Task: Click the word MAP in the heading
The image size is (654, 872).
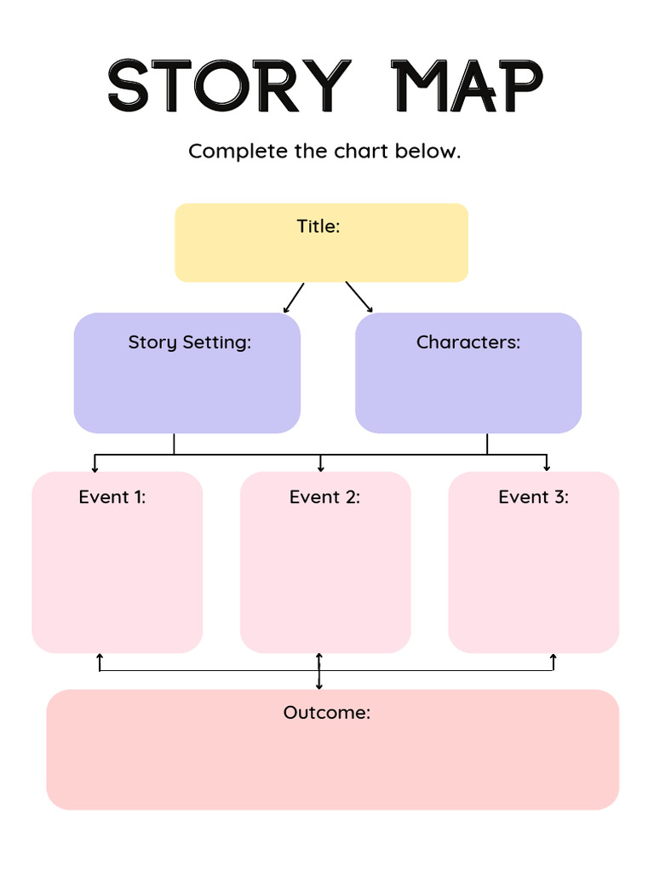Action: coord(467,86)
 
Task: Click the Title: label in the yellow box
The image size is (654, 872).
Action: coord(318,227)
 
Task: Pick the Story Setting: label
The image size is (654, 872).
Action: coord(189,342)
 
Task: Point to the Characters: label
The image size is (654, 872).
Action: coord(468,342)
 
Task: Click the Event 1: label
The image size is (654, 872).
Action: coord(112,497)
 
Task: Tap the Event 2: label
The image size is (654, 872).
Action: coord(324,497)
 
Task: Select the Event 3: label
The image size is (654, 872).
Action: coord(534,497)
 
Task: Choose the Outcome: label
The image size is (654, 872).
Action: coord(327,713)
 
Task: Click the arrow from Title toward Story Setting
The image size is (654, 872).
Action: coord(293,298)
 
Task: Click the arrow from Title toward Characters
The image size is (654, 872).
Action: coord(359,297)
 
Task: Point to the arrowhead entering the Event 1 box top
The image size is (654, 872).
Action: coord(95,468)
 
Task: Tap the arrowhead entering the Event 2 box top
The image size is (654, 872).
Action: coord(320,468)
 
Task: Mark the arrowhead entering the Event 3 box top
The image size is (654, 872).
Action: coord(547,468)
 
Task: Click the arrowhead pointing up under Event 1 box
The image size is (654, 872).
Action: coord(100,657)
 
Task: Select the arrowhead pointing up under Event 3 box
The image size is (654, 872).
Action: coord(554,657)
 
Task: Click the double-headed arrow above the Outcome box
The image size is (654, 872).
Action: coord(319,671)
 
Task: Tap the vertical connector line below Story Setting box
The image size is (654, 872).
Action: coord(174,444)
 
